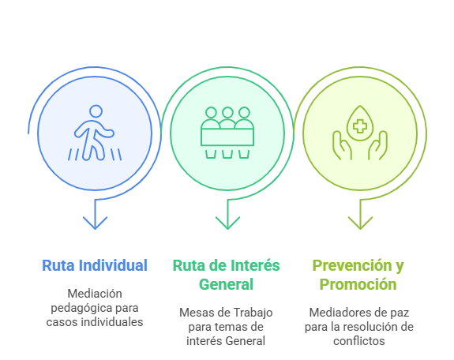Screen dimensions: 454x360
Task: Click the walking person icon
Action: click(x=95, y=133)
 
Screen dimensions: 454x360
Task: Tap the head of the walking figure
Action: click(x=96, y=111)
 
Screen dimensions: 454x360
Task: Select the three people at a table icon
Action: click(x=227, y=133)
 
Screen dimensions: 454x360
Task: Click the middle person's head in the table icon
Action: click(x=227, y=113)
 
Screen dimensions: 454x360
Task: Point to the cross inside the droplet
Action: click(x=360, y=126)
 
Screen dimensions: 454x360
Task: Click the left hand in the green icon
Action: click(x=342, y=145)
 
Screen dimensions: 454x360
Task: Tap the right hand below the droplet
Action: click(x=378, y=145)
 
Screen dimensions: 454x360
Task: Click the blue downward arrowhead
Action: click(x=95, y=223)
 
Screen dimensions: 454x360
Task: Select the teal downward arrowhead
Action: click(x=227, y=223)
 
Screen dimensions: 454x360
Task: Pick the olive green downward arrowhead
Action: click(x=360, y=223)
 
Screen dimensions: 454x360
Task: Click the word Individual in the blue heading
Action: click(x=113, y=265)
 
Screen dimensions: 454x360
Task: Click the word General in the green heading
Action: click(x=226, y=284)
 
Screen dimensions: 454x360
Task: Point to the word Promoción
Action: click(x=358, y=284)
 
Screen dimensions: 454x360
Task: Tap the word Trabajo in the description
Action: click(x=253, y=313)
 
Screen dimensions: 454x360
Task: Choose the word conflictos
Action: click(x=359, y=341)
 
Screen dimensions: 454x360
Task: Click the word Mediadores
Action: click(x=336, y=313)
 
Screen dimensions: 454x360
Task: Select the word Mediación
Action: click(x=95, y=294)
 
